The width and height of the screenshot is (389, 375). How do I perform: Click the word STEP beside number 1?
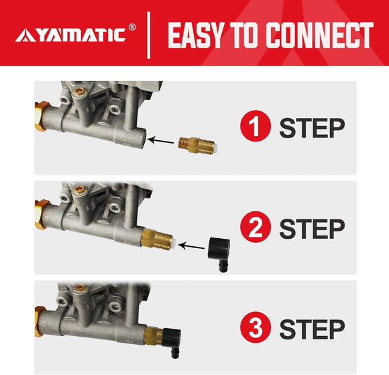312,127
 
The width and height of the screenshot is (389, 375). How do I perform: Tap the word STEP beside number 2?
312,228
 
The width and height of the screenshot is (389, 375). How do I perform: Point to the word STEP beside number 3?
312,329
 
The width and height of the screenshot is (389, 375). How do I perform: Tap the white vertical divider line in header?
148,34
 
